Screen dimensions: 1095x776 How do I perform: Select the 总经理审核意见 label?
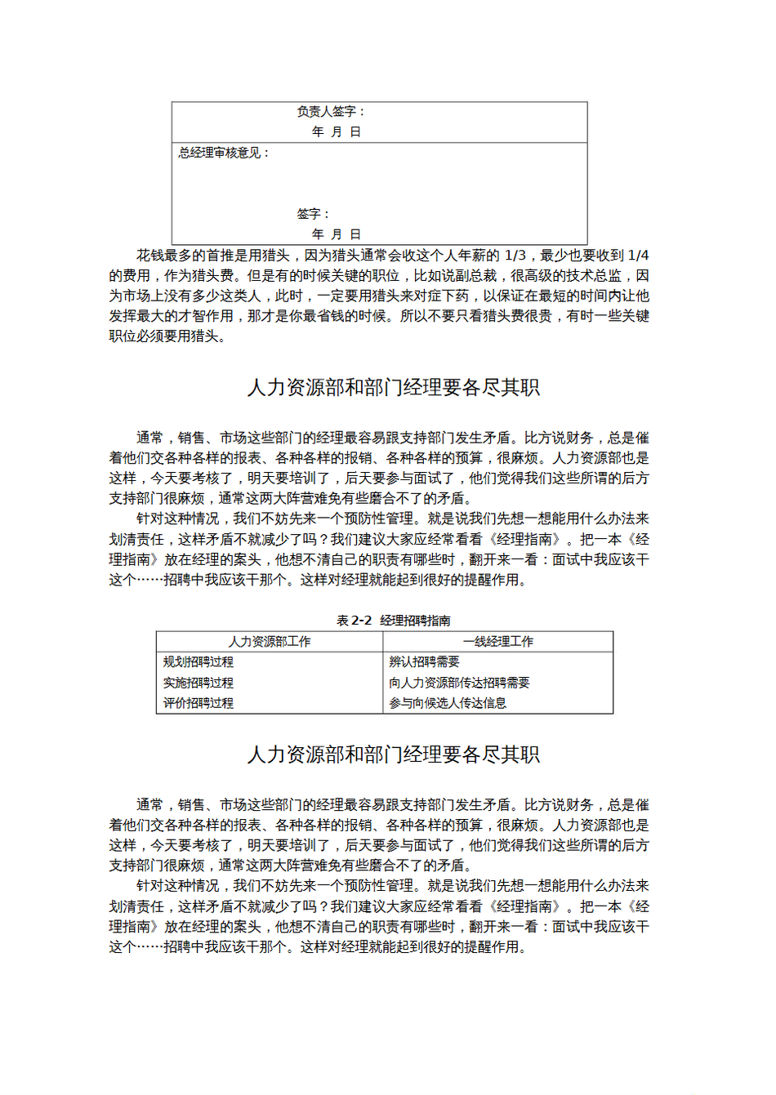coord(221,153)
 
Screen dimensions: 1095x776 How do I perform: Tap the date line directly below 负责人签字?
coord(336,131)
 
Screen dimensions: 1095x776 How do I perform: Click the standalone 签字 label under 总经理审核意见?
coord(311,214)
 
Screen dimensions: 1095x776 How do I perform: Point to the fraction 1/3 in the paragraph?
coord(515,256)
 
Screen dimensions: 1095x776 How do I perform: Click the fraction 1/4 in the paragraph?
coord(638,256)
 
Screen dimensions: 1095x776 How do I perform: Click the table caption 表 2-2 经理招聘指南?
coord(393,621)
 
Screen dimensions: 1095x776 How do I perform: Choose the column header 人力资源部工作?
coord(270,642)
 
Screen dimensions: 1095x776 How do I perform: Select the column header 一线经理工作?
coord(498,642)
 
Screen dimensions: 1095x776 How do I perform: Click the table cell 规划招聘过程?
coord(198,662)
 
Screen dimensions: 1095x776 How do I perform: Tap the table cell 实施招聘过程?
coord(198,683)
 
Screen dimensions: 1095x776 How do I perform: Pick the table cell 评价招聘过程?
coord(198,703)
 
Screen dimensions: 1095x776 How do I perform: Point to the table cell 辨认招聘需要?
coord(424,662)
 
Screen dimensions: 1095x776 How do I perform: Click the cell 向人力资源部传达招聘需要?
coord(459,683)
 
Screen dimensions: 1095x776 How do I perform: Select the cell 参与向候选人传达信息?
coord(448,703)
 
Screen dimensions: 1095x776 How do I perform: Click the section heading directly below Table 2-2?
coord(394,754)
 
